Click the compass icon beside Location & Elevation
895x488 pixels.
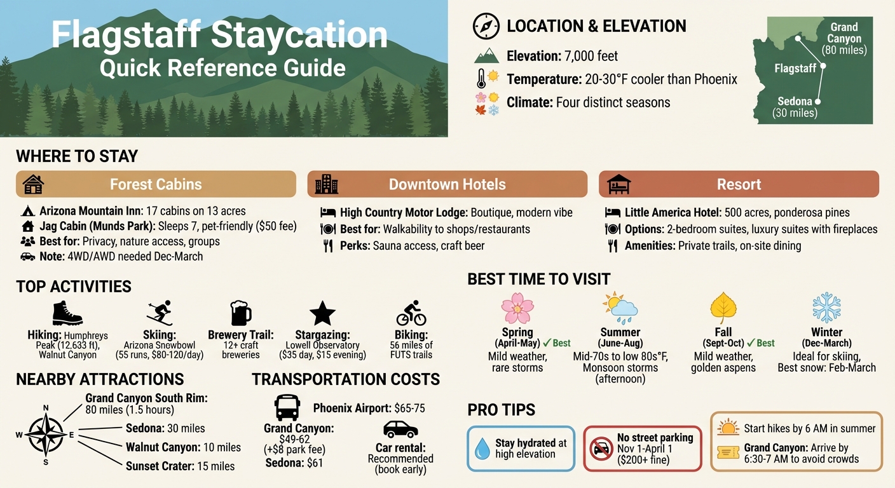coord(486,27)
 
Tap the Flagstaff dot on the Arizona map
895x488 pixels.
coord(823,66)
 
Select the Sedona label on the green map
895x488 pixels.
coord(795,101)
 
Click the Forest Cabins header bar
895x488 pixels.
coord(156,184)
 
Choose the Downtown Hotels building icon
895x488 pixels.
coord(327,184)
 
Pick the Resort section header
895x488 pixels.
coord(739,184)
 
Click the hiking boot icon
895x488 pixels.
coord(67,313)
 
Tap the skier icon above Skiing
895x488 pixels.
coord(159,313)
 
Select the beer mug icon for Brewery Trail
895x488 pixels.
coord(240,313)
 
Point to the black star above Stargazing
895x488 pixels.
coord(322,313)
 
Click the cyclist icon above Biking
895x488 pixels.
coord(411,313)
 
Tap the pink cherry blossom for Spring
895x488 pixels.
coord(517,308)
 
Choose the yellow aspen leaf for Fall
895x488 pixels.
coord(722,308)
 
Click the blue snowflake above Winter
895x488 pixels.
coord(826,308)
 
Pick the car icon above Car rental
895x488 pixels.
coord(400,430)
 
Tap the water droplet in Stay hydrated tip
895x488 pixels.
coord(482,449)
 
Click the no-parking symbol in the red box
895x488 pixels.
coord(601,449)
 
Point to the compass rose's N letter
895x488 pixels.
coord(46,408)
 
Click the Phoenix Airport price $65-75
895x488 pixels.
coord(409,409)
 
